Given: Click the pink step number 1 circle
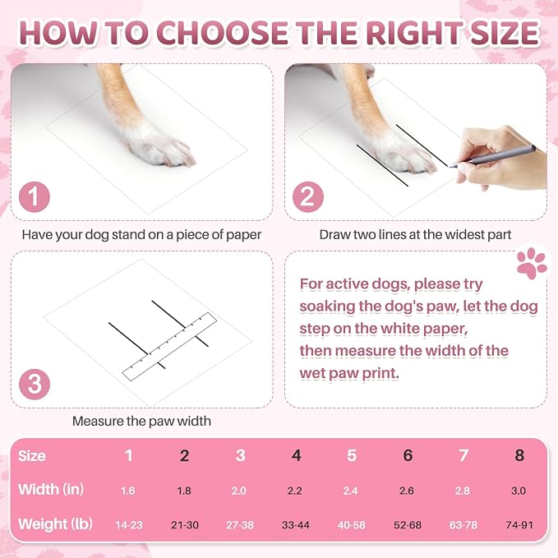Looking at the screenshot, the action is [35, 196].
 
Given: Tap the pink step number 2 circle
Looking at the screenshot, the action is [308, 196].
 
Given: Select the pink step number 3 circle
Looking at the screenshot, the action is [35, 385].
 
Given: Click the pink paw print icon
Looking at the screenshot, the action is [532, 263].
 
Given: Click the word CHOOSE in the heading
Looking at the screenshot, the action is [222, 33].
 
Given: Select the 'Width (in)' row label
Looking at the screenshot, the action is [51, 490].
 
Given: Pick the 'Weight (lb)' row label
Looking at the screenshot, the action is [55, 524].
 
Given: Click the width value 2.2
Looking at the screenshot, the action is [295, 491].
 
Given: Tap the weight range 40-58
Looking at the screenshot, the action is [351, 525].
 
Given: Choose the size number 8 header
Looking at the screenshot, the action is [519, 455].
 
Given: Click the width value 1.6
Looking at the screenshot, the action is [127, 491].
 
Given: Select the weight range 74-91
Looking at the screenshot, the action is [519, 525].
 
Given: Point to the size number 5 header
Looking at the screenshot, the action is [352, 455].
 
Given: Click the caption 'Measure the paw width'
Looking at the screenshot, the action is [141, 422].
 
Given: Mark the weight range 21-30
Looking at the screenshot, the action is [185, 525].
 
